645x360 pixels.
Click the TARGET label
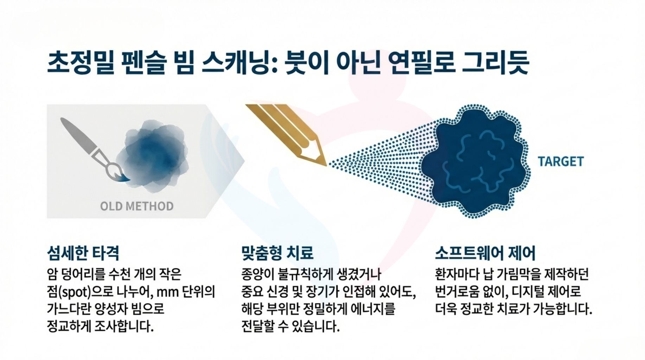click(560, 161)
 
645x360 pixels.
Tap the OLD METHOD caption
click(137, 206)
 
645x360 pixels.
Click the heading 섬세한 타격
click(83, 253)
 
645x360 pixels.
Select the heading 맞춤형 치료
click(277, 253)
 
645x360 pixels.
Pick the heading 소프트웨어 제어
click(485, 253)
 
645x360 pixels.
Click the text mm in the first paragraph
click(168, 292)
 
